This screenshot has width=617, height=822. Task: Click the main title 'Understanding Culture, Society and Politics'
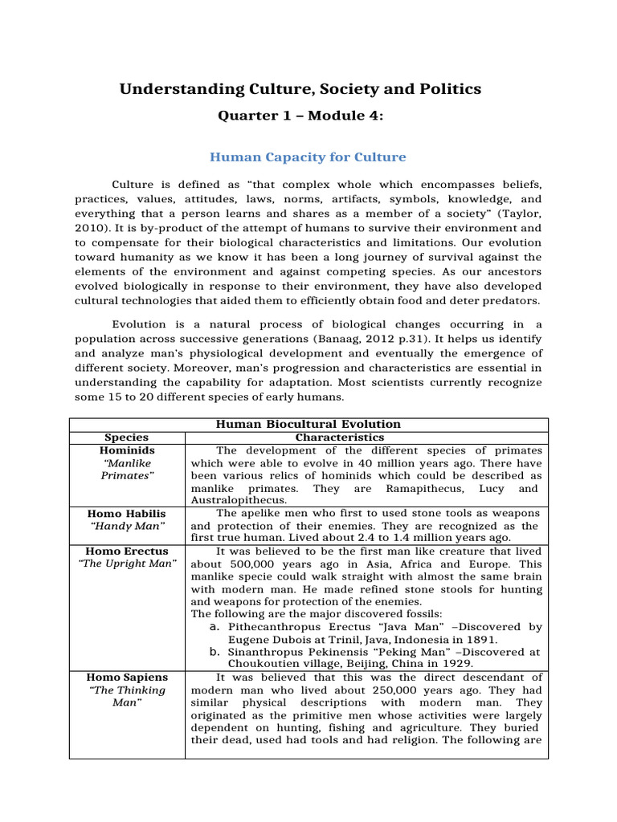(x=300, y=89)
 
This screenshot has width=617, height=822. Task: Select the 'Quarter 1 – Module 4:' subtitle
(x=300, y=116)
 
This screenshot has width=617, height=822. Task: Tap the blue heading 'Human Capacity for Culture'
(x=308, y=157)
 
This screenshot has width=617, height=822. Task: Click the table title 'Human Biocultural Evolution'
(x=308, y=424)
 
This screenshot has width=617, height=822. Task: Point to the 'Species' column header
(x=126, y=437)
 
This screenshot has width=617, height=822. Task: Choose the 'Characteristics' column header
(x=340, y=437)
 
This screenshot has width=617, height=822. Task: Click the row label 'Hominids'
(x=126, y=450)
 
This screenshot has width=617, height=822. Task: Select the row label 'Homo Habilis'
(x=126, y=513)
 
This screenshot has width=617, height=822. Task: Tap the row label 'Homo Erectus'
(x=126, y=551)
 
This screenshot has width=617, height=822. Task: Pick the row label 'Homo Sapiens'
(x=126, y=677)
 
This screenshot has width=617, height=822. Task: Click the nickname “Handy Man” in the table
(x=126, y=526)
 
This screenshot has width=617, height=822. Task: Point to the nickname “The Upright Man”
(x=126, y=564)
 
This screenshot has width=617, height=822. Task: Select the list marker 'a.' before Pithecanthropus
(x=214, y=627)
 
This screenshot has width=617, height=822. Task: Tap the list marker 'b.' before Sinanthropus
(x=214, y=652)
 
